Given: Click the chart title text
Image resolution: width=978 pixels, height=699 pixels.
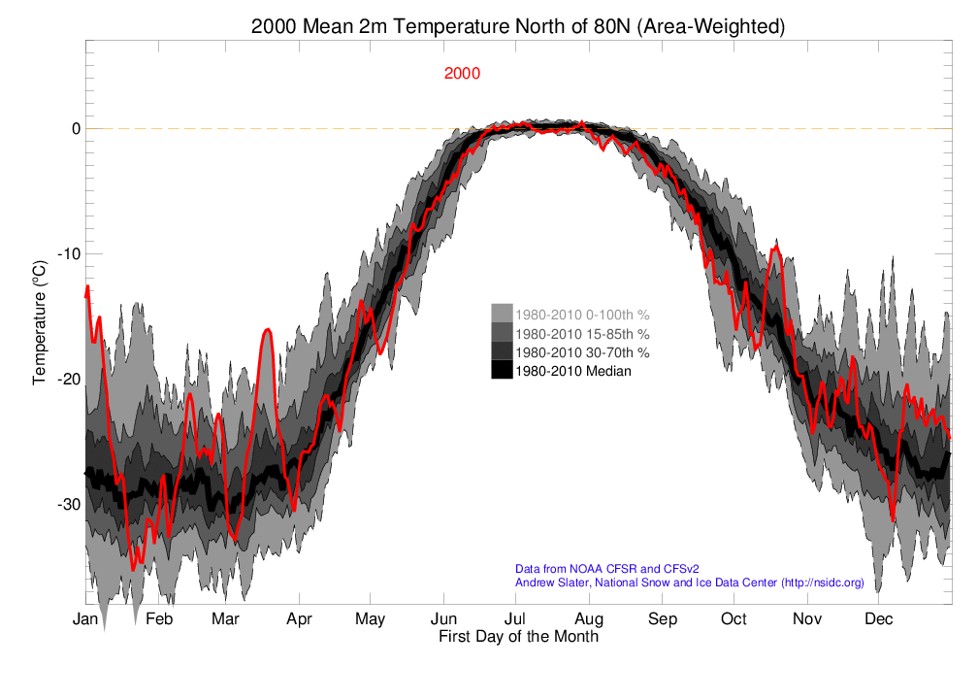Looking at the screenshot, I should (517, 27).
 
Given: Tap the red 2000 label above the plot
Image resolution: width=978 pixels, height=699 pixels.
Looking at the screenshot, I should (462, 74).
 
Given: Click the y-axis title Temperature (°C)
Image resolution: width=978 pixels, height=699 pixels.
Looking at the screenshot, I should (40, 321).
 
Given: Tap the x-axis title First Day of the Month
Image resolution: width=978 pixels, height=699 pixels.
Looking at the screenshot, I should (518, 638).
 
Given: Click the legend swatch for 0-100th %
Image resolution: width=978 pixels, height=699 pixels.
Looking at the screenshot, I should (502, 315).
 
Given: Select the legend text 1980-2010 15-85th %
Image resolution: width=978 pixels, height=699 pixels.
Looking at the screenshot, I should (582, 333).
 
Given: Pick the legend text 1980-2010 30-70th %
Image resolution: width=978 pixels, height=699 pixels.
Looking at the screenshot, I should (582, 351).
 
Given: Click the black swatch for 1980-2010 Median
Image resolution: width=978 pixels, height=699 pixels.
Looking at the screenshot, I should (502, 370).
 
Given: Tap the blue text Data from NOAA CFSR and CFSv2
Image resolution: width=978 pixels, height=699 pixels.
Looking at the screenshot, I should (607, 569).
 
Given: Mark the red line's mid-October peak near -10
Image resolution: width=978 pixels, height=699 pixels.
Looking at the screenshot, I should (775, 248).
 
